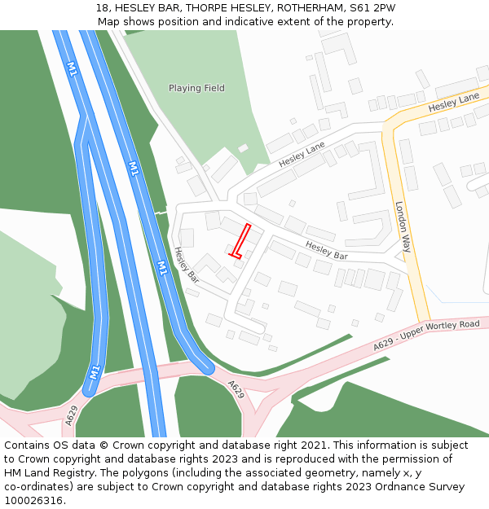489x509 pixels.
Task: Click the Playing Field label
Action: click(x=196, y=88)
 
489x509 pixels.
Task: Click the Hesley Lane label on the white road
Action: click(x=302, y=154)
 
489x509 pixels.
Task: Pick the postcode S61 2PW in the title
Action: click(x=372, y=8)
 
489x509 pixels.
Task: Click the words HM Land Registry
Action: click(x=46, y=473)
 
